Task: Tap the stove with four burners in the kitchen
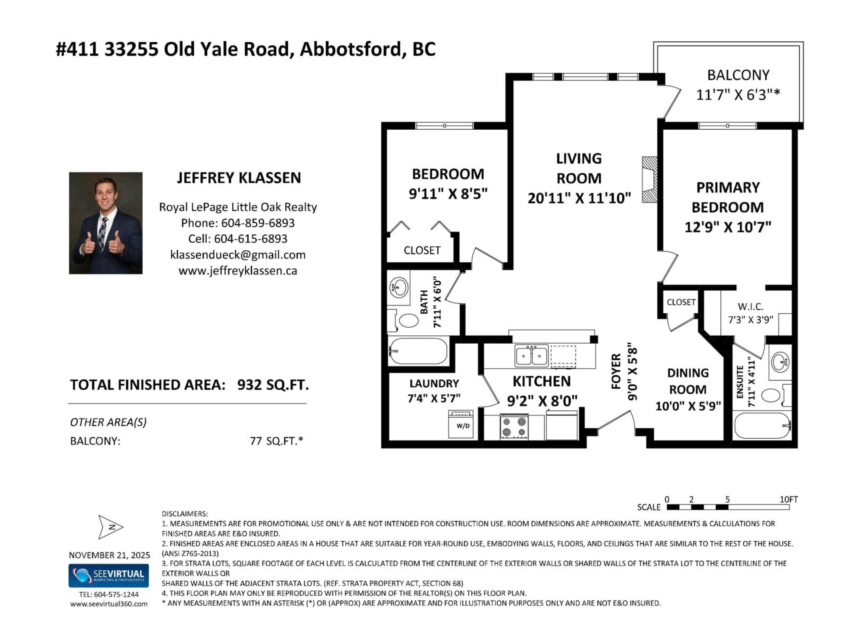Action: point(514,427)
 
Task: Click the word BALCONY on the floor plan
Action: point(738,75)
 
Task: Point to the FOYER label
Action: point(616,371)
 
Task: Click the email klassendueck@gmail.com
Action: point(238,255)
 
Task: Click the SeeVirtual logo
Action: point(108,576)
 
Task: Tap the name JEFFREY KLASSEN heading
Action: point(239,178)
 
